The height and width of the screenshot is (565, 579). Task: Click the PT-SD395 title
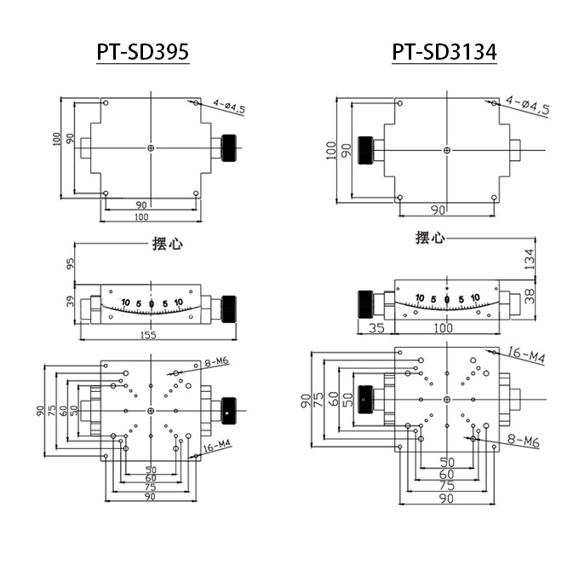pyautogui.click(x=141, y=53)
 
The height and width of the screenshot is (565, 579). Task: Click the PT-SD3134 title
pyautogui.click(x=444, y=53)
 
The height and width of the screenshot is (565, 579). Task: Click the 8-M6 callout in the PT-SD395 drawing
pyautogui.click(x=217, y=362)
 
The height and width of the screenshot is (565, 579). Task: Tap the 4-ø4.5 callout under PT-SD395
pyautogui.click(x=229, y=107)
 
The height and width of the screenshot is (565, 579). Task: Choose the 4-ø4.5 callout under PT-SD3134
pyautogui.click(x=527, y=106)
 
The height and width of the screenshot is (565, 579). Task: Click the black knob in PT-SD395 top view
pyautogui.click(x=229, y=148)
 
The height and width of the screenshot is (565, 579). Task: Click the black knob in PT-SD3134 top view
pyautogui.click(x=364, y=148)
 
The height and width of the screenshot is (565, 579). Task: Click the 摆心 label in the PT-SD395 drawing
pyautogui.click(x=168, y=244)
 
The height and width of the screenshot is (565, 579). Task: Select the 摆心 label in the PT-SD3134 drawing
pyautogui.click(x=430, y=238)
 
